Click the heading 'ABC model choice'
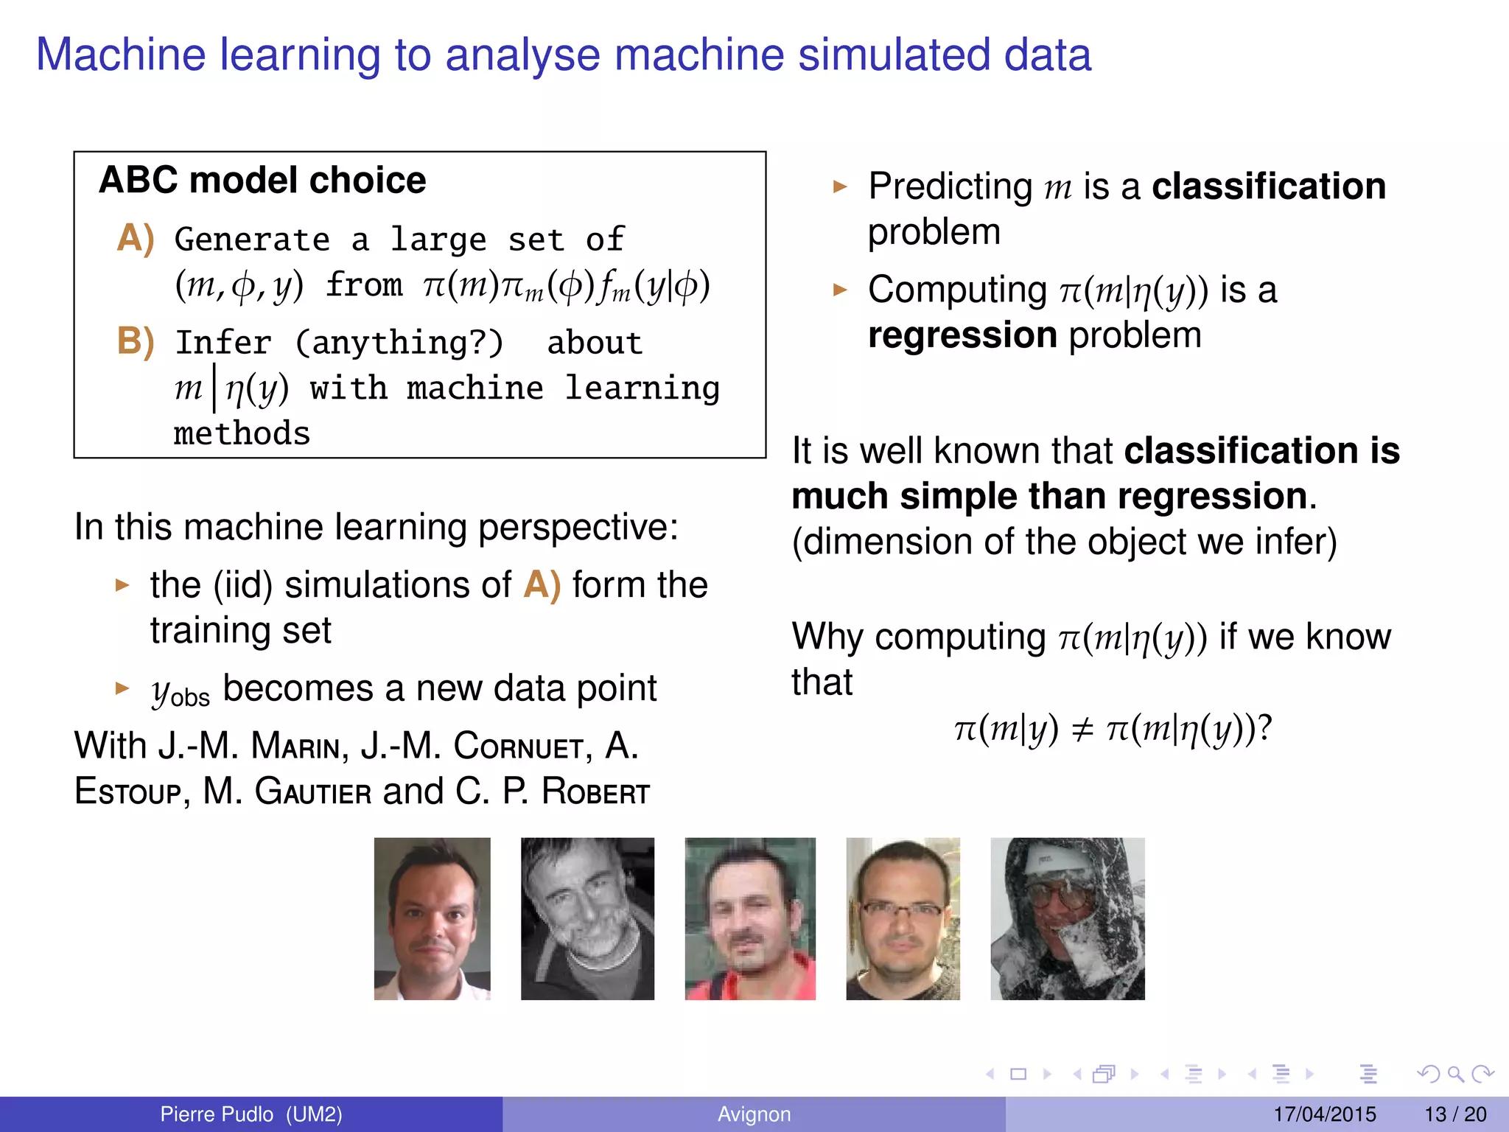point(262,181)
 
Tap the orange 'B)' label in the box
point(136,342)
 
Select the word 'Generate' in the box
point(252,240)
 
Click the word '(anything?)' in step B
point(400,343)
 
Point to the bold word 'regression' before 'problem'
point(962,335)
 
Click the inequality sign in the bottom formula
point(1082,730)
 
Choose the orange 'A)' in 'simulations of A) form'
point(542,585)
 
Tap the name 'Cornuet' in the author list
point(519,746)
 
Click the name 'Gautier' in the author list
point(313,792)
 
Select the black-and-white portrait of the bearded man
point(587,918)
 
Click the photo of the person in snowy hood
point(1067,918)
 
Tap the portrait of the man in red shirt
point(750,918)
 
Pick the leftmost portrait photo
point(432,918)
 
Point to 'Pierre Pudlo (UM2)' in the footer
point(251,1114)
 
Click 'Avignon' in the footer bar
point(754,1114)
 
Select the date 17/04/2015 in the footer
point(1325,1114)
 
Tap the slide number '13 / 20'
point(1455,1114)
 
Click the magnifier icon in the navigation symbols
point(1455,1075)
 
